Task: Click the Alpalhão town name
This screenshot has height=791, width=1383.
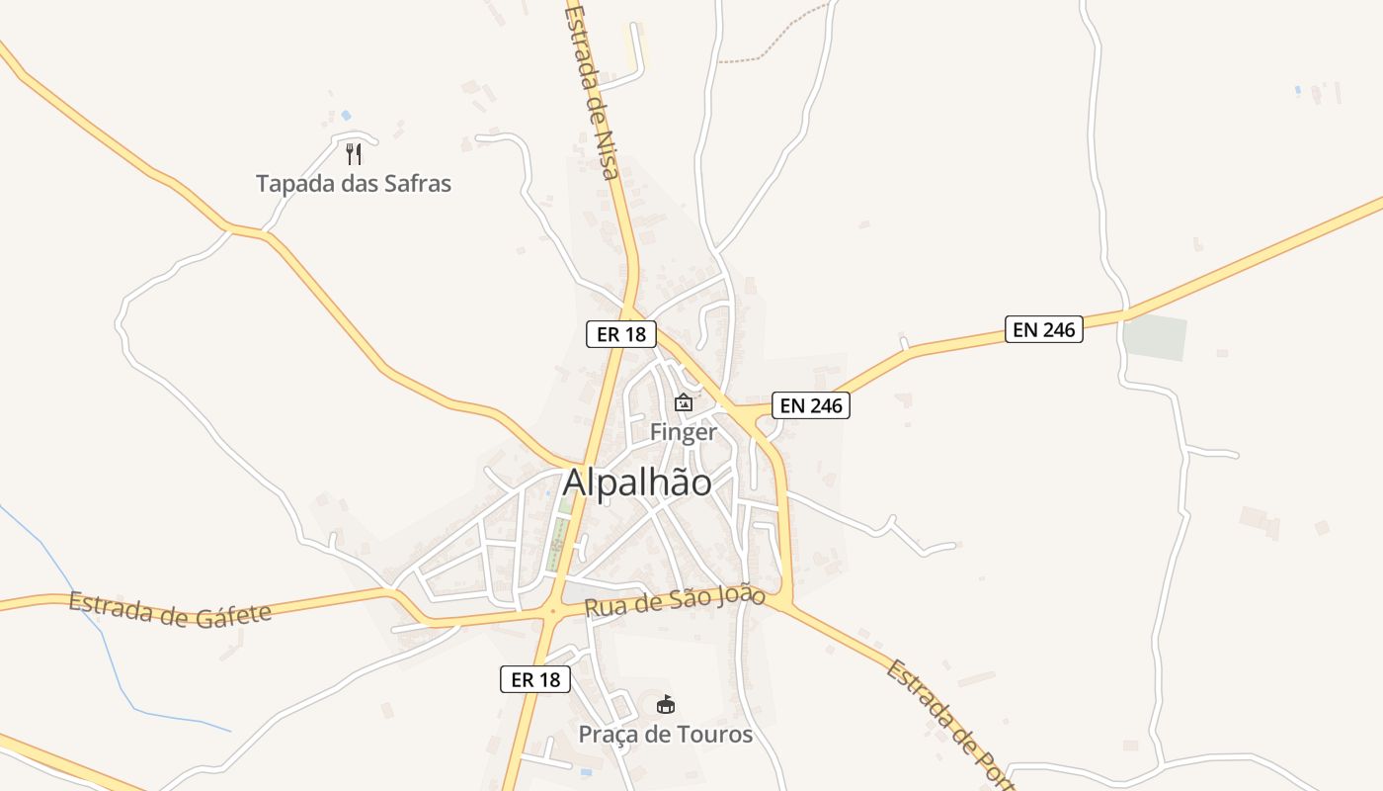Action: (637, 483)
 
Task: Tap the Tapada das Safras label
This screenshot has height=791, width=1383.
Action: (354, 183)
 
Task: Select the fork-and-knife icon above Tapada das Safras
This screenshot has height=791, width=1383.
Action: (354, 153)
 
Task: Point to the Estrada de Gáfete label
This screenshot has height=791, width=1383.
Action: (170, 609)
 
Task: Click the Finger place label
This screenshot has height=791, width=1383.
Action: (683, 432)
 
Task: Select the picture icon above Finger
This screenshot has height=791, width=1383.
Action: (683, 402)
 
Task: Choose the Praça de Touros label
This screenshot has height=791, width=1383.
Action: (665, 735)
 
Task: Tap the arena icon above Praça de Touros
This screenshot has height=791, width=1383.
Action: (666, 705)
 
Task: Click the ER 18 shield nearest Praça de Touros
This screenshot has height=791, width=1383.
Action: (535, 679)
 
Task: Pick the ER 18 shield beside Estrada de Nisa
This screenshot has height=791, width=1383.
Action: (621, 334)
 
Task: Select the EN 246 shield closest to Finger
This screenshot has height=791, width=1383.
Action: (810, 405)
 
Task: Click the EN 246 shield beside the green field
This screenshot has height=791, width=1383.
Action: (1044, 329)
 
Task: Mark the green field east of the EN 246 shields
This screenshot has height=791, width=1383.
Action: (1155, 338)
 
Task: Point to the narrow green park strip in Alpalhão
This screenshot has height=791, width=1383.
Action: (559, 534)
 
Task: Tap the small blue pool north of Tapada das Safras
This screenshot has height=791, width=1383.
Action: (346, 116)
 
